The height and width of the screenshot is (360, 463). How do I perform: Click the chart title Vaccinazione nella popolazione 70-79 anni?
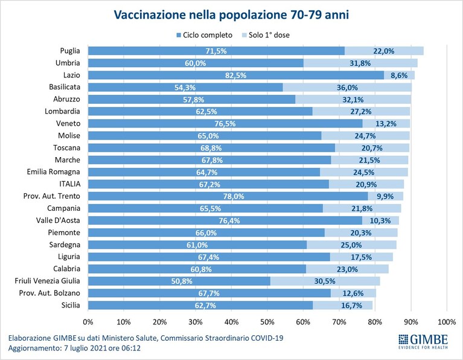pyautogui.click(x=231, y=14)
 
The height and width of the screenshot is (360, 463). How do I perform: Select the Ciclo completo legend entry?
pyautogui.click(x=204, y=35)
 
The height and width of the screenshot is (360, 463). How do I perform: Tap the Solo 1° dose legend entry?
pyautogui.click(x=266, y=35)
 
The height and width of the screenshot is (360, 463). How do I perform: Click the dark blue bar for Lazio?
pyautogui.click(x=236, y=75)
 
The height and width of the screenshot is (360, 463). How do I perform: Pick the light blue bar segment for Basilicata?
pyautogui.click(x=347, y=87)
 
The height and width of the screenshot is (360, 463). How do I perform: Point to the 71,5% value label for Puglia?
pyautogui.click(x=216, y=51)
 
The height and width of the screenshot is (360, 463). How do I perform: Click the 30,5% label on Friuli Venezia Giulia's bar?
pyautogui.click(x=325, y=281)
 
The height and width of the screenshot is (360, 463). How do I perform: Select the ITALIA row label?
pyautogui.click(x=69, y=184)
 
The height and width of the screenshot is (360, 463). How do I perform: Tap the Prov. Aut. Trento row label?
pyautogui.click(x=52, y=196)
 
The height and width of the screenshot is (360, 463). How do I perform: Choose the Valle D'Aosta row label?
pyautogui.click(x=58, y=220)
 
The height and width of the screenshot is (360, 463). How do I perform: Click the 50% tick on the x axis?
pyautogui.click(x=267, y=322)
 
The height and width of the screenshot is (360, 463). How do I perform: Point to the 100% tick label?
pyautogui.click(x=447, y=322)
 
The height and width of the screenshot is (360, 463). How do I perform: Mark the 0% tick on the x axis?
pyautogui.click(x=88, y=322)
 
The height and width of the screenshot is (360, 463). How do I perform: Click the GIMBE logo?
pyautogui.click(x=423, y=341)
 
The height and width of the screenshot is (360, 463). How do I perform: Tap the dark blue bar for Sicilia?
pyautogui.click(x=200, y=305)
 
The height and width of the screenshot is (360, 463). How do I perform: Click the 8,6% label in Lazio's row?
pyautogui.click(x=399, y=76)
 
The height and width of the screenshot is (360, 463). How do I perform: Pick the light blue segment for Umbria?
pyautogui.click(x=360, y=63)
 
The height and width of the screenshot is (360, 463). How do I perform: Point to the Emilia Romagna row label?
pyautogui.click(x=54, y=172)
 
